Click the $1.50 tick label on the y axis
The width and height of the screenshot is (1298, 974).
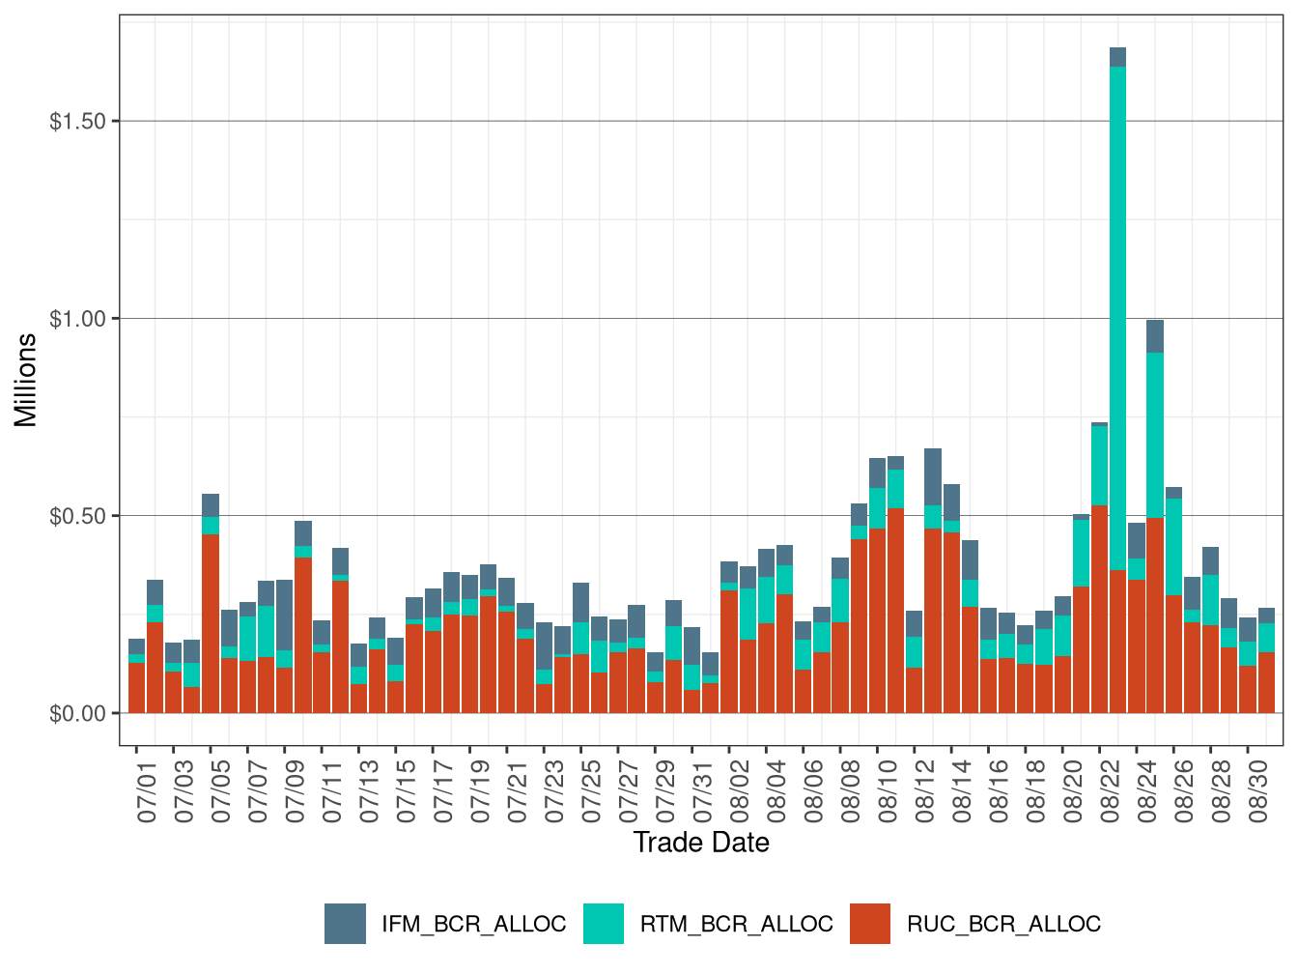(x=78, y=121)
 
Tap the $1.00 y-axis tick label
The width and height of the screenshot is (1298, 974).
(x=78, y=319)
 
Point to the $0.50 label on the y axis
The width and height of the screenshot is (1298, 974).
(x=78, y=516)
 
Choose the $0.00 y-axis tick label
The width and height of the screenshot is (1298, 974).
(x=78, y=714)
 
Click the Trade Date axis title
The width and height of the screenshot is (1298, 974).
(x=701, y=843)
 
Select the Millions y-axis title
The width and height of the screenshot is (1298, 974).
(x=25, y=380)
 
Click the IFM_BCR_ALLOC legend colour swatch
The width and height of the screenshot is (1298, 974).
(x=345, y=924)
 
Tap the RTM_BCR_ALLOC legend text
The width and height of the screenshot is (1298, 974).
(x=736, y=924)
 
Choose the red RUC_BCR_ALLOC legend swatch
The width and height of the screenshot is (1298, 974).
(x=870, y=924)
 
